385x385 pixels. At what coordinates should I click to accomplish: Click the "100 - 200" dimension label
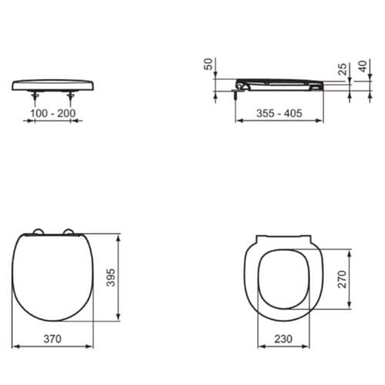pyautogui.click(x=52, y=112)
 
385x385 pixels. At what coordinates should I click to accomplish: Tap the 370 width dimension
pyautogui.click(x=52, y=338)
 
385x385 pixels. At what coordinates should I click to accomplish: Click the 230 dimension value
pyautogui.click(x=283, y=338)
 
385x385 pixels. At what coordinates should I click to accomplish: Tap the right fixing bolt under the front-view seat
pyautogui.click(x=72, y=95)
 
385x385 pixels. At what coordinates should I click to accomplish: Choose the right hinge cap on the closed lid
pyautogui.click(x=69, y=233)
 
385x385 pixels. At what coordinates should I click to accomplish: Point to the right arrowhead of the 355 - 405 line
pyautogui.click(x=321, y=122)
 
